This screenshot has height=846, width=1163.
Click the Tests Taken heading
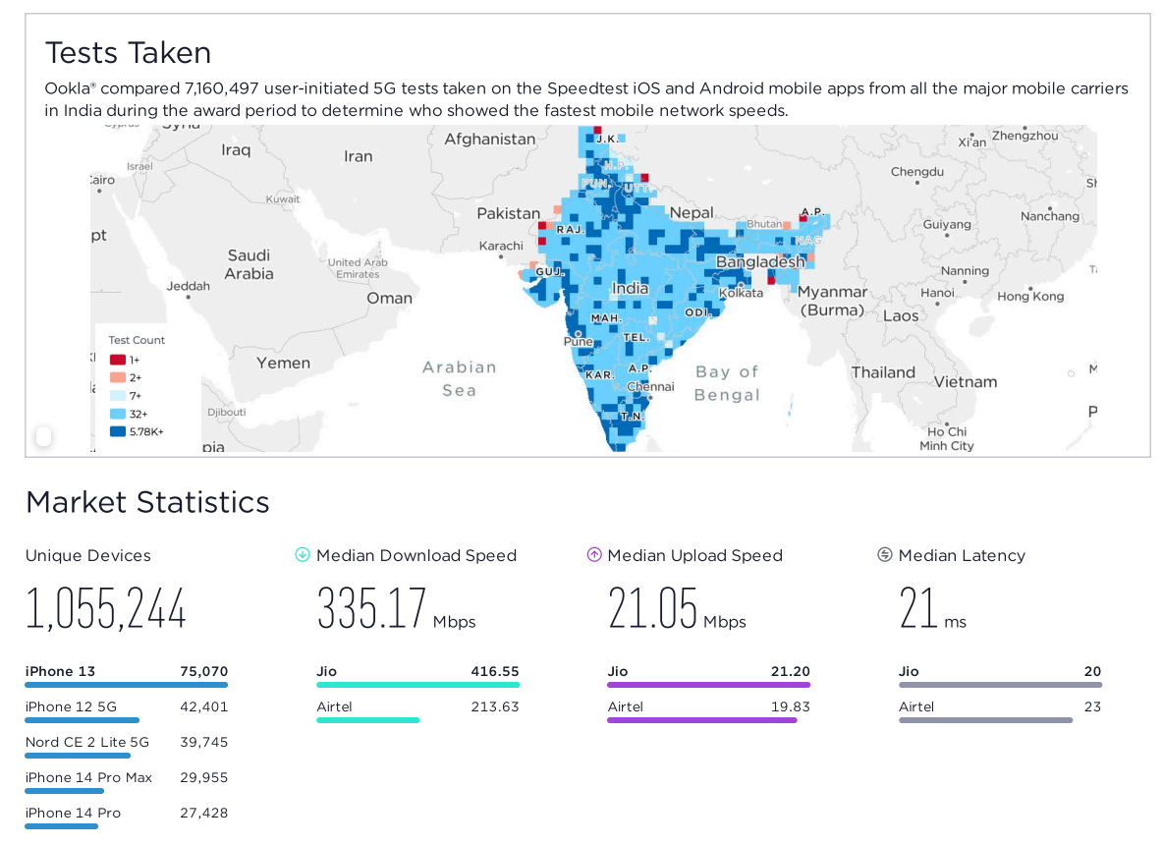point(128,52)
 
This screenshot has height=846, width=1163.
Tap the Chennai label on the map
point(651,386)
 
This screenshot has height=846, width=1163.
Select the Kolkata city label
point(741,293)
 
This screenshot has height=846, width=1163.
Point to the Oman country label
point(389,298)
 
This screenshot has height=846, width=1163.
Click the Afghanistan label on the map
point(489,140)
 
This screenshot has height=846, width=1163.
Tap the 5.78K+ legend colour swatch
point(118,431)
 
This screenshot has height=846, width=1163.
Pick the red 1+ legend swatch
point(118,360)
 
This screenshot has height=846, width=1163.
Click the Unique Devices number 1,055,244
point(106,609)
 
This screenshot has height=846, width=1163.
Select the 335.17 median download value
point(371,609)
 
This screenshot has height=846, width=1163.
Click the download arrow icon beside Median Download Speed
point(303,555)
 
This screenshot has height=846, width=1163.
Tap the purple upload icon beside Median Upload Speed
point(594,555)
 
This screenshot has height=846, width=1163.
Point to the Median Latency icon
point(885,555)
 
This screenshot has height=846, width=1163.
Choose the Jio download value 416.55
point(495,672)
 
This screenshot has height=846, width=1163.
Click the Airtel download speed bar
point(367,720)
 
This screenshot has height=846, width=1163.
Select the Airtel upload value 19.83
point(791,707)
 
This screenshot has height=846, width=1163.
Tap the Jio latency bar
point(1000,685)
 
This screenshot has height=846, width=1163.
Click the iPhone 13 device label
point(60,672)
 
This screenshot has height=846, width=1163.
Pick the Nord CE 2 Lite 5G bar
point(78,756)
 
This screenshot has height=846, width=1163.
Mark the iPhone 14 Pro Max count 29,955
point(203,778)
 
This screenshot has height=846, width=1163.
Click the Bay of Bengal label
point(727,383)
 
